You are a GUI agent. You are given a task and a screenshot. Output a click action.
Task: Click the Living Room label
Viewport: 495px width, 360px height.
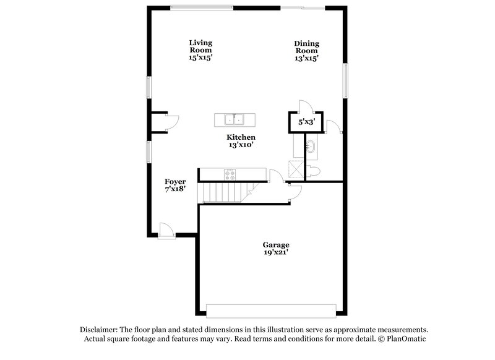(200, 46)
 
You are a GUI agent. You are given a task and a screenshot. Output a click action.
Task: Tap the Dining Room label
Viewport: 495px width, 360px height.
(306, 46)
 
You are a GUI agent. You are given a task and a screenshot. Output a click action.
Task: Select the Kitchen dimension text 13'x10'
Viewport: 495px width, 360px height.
(241, 145)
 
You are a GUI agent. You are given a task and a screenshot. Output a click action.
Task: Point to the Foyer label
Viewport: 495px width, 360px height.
(175, 181)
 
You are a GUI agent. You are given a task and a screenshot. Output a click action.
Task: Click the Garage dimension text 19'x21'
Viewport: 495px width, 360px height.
(275, 252)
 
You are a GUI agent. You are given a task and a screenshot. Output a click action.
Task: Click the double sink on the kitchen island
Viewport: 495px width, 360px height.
(235, 119)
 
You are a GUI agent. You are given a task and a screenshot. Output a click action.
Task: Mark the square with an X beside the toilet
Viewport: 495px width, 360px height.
(295, 169)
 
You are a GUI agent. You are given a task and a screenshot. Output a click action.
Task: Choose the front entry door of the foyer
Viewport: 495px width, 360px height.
(166, 230)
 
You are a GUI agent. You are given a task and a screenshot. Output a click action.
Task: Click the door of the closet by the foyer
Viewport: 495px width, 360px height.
(174, 122)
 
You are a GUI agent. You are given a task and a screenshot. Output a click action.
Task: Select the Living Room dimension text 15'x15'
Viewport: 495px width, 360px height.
(200, 57)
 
